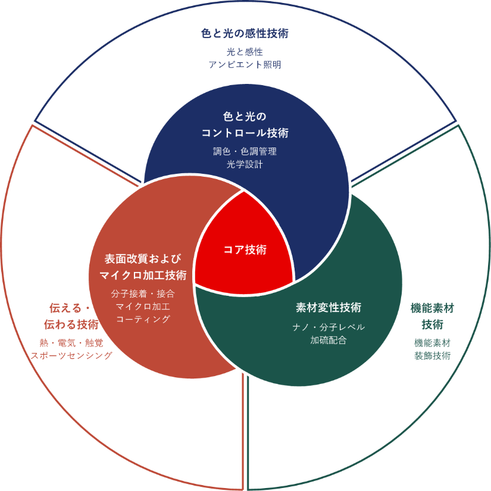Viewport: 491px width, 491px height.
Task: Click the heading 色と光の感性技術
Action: coord(245,33)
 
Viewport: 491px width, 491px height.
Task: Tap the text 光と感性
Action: coord(245,52)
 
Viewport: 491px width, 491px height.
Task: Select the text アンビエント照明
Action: coord(245,64)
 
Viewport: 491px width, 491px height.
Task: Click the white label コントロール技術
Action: coord(245,132)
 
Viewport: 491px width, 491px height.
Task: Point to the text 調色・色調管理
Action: coord(245,151)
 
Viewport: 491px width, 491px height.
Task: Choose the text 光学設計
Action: coord(245,164)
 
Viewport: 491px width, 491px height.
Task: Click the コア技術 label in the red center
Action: coord(245,249)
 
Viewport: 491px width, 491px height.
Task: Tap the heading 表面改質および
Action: coord(143,259)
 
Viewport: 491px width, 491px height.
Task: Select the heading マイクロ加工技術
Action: coord(143,275)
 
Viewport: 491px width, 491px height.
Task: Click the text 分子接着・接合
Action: coord(143,293)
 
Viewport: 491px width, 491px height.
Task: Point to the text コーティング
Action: coord(143,319)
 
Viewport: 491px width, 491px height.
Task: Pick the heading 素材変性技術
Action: coord(329,308)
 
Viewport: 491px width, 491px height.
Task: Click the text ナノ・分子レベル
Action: coord(329,327)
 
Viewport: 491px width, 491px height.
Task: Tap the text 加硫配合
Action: coord(329,340)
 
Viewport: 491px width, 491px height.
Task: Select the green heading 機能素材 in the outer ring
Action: coord(433,308)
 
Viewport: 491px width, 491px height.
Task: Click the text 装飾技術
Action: coord(433,355)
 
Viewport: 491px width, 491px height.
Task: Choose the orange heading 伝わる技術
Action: coord(71,324)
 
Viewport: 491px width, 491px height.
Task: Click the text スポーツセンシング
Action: coord(71,355)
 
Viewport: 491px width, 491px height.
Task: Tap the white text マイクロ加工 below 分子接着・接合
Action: coord(143,307)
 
